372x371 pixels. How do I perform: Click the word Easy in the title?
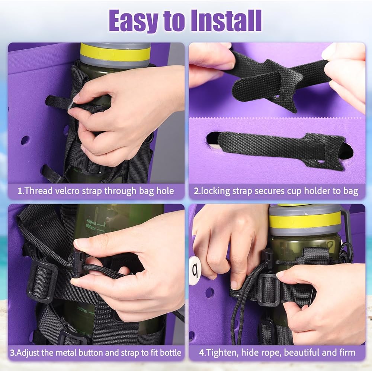click(134, 21)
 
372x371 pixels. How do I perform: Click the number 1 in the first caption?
click(20, 191)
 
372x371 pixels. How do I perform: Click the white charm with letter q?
click(195, 269)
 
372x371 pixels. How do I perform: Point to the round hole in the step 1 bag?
click(25, 140)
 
